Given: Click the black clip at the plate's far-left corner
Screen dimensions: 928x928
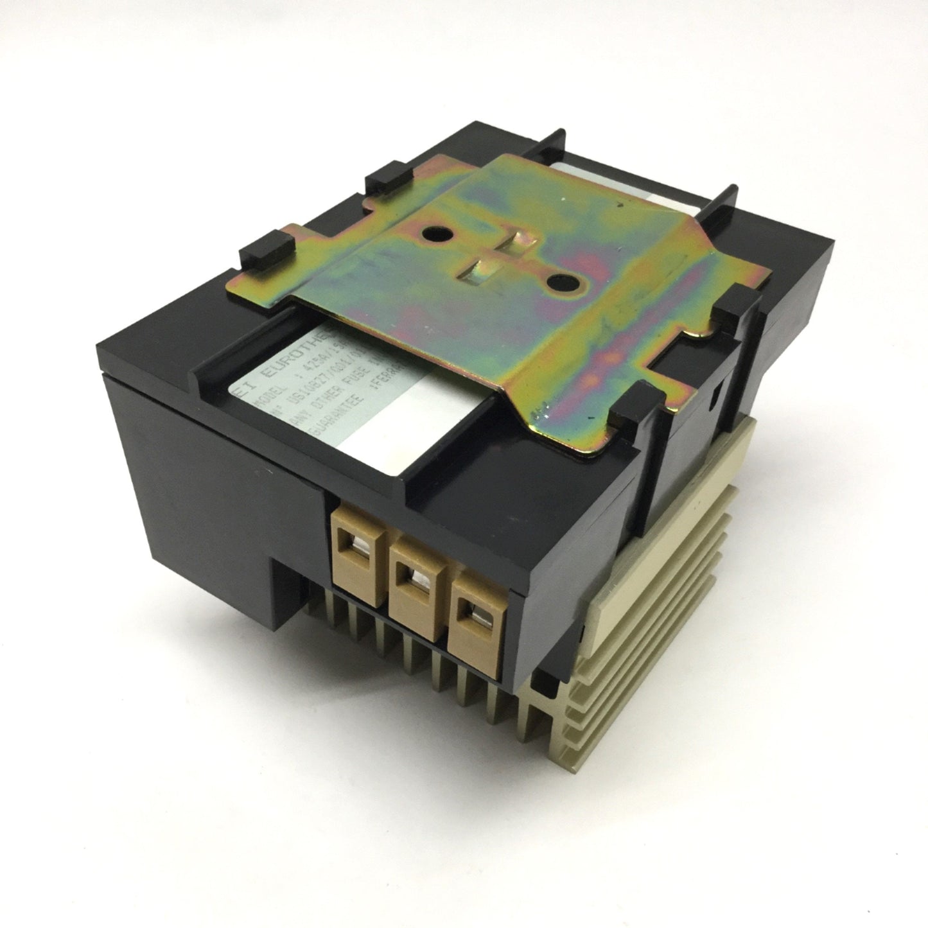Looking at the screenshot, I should (x=265, y=259).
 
